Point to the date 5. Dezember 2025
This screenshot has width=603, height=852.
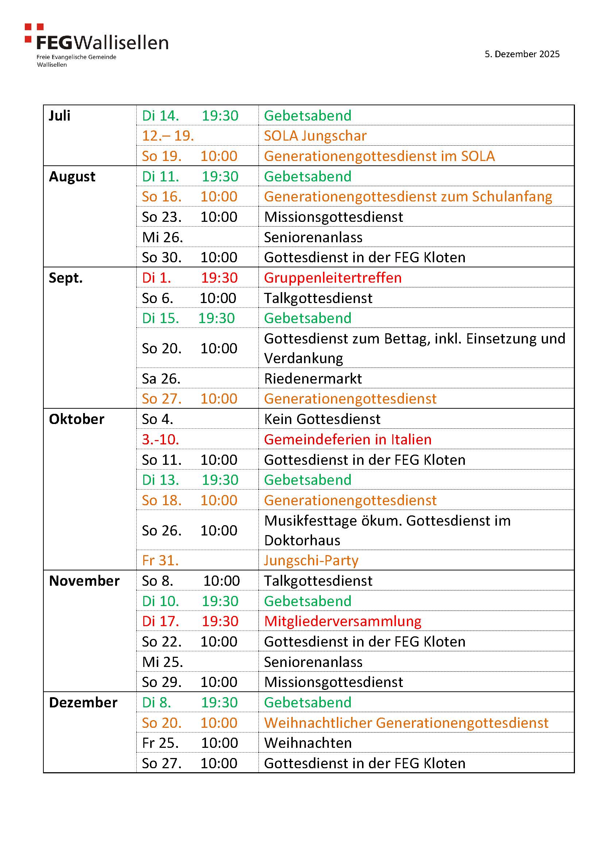coord(522,54)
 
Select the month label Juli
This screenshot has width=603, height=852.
coord(60,116)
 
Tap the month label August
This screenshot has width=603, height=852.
coord(72,177)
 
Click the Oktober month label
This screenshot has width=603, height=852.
coord(77,419)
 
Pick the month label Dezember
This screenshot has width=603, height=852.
coord(83,703)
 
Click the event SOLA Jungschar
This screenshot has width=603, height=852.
coord(315,136)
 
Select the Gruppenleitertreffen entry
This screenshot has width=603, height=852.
coord(333,278)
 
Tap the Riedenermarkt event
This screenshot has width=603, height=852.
coord(313,379)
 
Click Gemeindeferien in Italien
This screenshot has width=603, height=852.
coord(347,440)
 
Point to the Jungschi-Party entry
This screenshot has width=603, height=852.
coord(311,561)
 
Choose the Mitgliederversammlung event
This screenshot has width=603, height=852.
coord(342,621)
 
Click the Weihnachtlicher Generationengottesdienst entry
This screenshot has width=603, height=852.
coord(406,723)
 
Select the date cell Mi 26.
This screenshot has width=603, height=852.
coord(162,237)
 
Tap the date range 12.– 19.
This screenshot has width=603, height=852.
coord(168,136)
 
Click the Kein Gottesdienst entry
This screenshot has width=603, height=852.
coord(322,419)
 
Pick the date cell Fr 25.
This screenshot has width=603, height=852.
coord(160,743)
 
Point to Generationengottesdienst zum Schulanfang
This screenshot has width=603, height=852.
coord(408,197)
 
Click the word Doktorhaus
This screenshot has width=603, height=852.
coord(302,541)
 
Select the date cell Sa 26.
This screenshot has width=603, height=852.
coord(161,379)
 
